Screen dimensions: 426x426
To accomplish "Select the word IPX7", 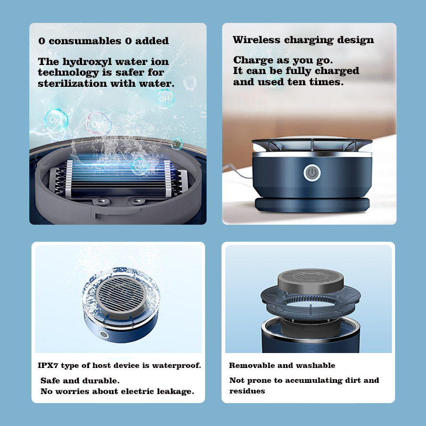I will [x=50, y=365].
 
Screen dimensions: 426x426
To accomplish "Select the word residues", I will [x=247, y=391].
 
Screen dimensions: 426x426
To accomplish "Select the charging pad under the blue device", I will [x=311, y=204].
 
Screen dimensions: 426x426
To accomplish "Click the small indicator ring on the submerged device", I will [x=103, y=336].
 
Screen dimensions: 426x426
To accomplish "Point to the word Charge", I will [x=251, y=60].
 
